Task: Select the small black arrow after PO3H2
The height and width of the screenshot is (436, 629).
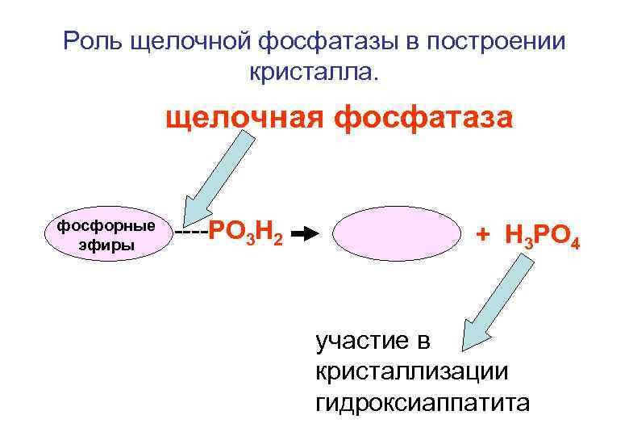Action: coord(304,236)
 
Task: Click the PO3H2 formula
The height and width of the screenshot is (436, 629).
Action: coord(245,236)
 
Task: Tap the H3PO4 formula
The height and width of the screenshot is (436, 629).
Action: coord(541,237)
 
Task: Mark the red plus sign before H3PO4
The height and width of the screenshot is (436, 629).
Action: coord(482,235)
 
